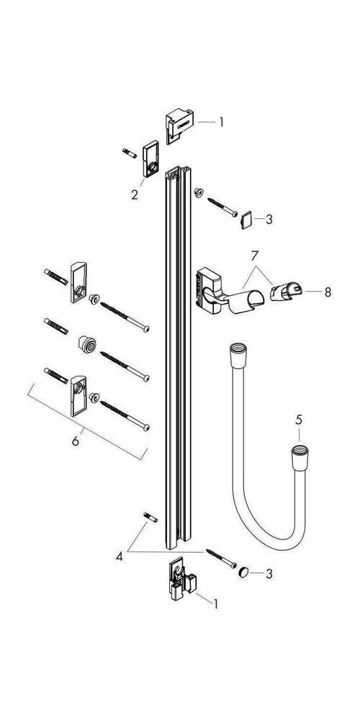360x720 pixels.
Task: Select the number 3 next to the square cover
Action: (269, 219)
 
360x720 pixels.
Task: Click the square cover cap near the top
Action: (245, 217)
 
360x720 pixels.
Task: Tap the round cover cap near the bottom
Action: (246, 572)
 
